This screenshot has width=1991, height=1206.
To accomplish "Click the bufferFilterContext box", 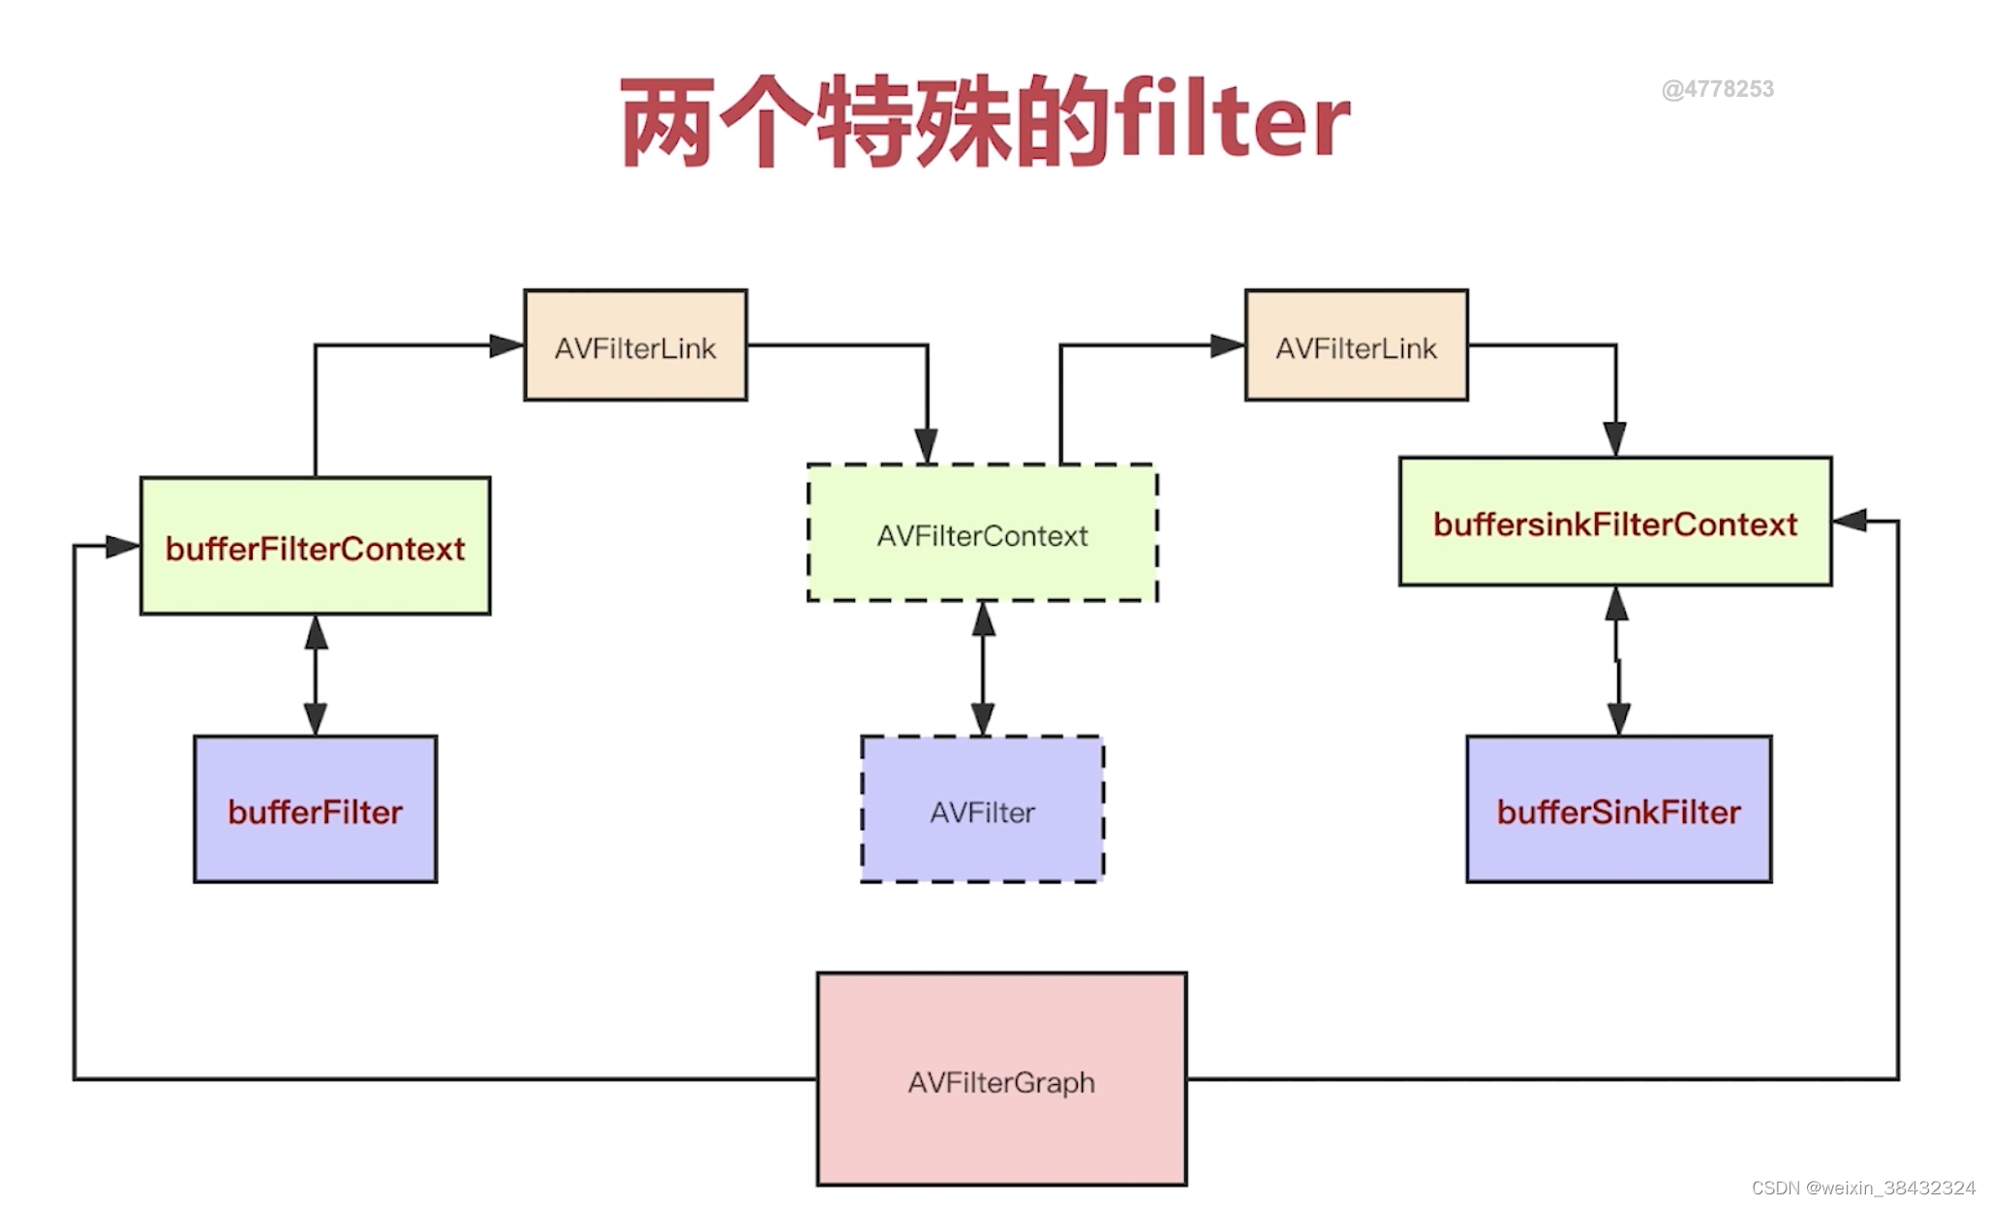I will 315,546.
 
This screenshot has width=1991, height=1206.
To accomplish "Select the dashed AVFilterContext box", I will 982,533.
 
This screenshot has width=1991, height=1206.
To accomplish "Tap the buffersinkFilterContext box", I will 1614,523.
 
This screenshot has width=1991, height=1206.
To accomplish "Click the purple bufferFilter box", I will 315,809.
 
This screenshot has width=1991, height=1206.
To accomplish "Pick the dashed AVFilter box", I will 982,809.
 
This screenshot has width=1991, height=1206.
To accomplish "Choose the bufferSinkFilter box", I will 1618,809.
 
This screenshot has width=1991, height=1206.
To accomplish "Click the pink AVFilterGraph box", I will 1001,1079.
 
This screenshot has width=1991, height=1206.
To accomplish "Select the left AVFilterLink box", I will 635,346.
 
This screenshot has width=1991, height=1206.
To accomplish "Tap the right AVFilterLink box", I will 1356,346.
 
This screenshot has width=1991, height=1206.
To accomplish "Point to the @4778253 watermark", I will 1717,89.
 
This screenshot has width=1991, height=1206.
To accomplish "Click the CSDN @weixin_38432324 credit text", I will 1862,1188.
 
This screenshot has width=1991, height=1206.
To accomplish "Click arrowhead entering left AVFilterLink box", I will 506,346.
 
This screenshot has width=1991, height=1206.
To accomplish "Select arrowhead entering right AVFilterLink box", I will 1227,346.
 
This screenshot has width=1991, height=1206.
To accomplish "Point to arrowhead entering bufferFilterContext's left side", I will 122,546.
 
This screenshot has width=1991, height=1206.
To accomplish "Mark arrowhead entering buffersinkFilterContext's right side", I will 1851,521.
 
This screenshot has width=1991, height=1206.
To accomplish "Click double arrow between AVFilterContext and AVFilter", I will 983,668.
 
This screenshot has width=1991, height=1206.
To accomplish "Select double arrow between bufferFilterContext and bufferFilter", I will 316,675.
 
